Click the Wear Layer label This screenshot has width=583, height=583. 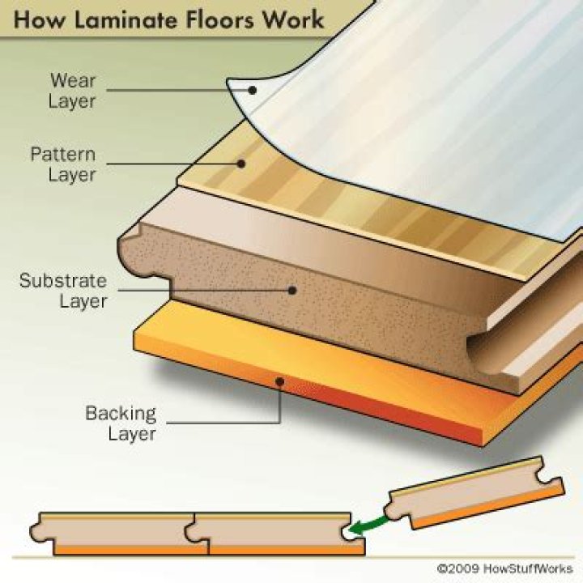(x=74, y=90)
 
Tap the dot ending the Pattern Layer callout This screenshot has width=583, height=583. (x=240, y=164)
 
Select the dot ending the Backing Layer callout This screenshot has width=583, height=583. (x=280, y=381)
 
